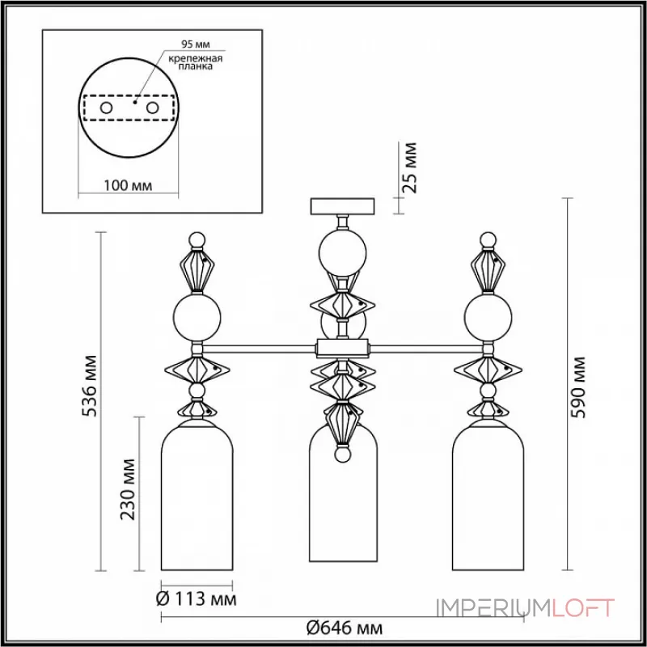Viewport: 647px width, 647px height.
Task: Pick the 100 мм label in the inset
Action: click(x=130, y=186)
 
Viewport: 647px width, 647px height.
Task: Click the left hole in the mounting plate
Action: click(x=106, y=107)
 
